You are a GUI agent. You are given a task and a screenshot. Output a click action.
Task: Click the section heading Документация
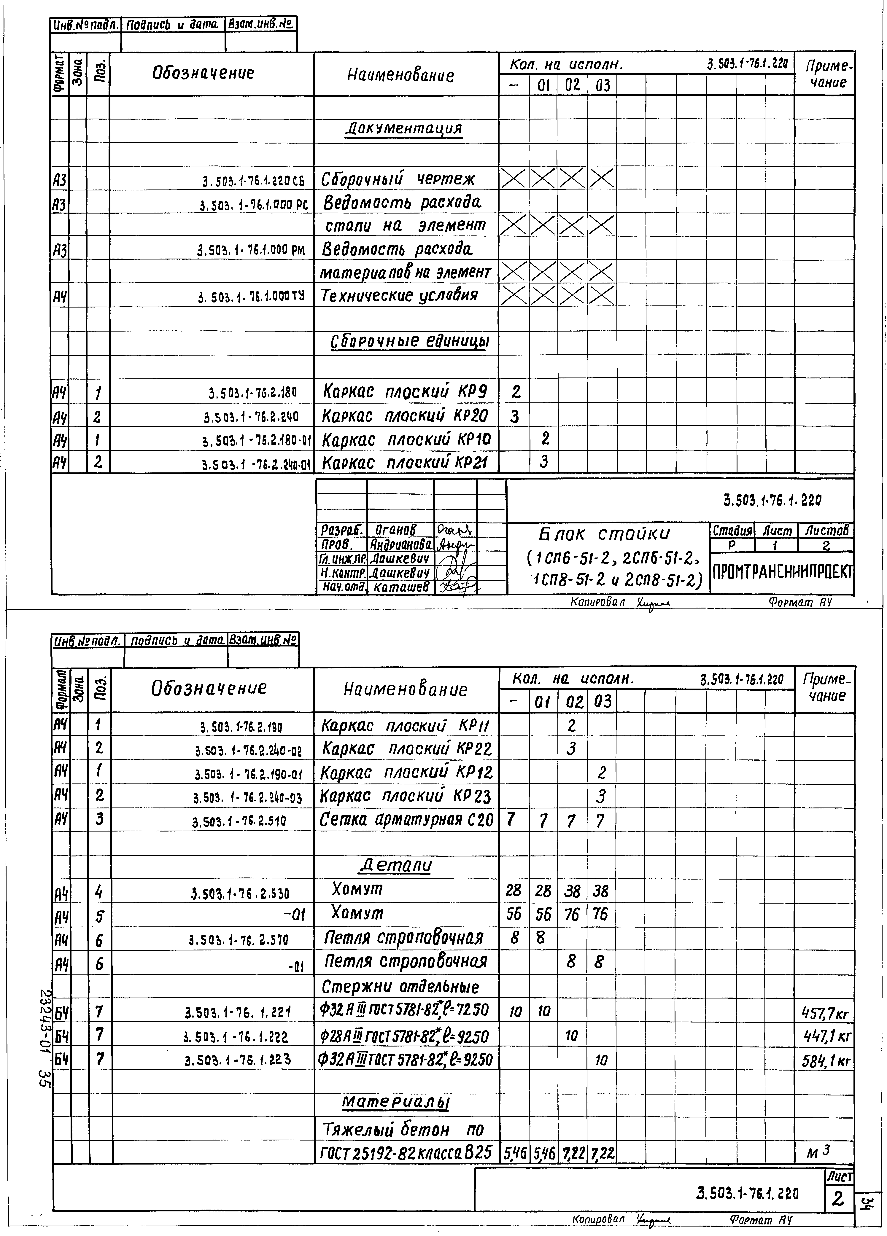point(404,129)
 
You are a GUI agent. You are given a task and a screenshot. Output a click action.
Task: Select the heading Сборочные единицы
point(410,342)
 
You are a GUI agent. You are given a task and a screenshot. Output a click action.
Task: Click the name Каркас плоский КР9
point(405,391)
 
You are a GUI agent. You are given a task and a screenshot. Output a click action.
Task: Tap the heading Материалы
point(396,1102)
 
